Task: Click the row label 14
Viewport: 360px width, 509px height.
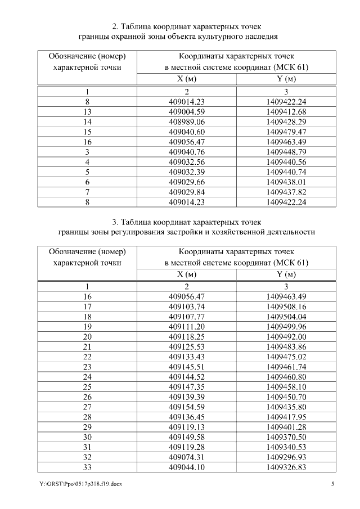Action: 87,121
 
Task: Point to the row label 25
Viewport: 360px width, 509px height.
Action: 87,388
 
